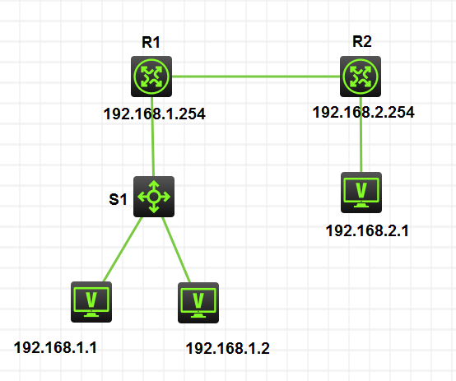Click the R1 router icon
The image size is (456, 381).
(151, 77)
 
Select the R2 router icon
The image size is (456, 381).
(361, 77)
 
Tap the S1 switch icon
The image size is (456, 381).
(154, 197)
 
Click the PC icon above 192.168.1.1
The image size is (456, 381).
(91, 302)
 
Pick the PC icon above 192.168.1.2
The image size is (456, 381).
(198, 303)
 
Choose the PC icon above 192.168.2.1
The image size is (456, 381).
(361, 193)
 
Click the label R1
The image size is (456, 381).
(151, 42)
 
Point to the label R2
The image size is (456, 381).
(362, 41)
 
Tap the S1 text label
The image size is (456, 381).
(118, 199)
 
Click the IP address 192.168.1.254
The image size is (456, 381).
(155, 114)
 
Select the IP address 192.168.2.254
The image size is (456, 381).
(364, 112)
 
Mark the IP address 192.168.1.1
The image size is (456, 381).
(55, 347)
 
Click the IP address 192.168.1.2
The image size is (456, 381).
(228, 348)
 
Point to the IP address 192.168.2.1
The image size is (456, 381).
(367, 231)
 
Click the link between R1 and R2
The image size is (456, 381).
(256, 77)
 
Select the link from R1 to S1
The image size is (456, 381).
(152, 137)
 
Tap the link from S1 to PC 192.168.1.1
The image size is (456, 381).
(123, 249)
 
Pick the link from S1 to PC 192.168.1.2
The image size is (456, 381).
(176, 249)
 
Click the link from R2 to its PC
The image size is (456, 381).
(361, 134)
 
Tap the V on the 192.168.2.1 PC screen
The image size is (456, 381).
(361, 190)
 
